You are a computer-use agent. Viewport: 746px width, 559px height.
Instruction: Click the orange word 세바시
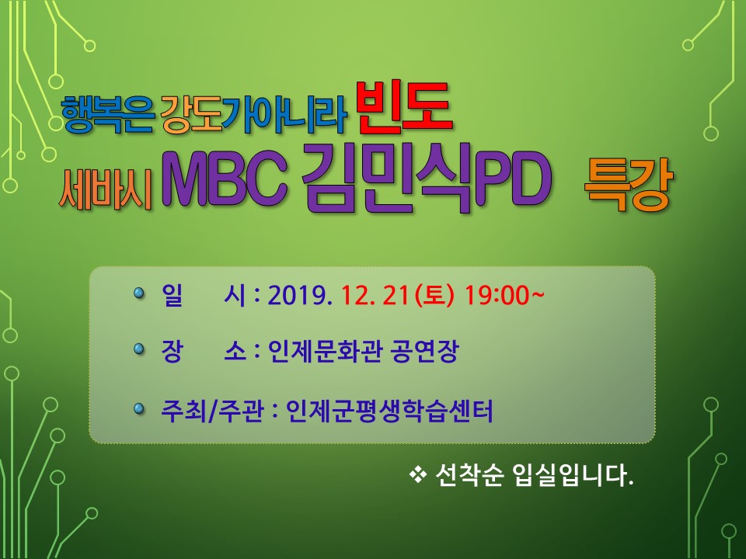coord(105,189)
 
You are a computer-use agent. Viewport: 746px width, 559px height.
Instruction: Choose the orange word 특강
coord(628,185)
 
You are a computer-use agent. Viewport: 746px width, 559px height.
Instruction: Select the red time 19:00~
coord(504,296)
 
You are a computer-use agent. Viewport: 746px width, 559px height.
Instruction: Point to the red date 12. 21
coord(375,296)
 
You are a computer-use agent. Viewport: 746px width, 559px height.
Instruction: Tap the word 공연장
coord(424,352)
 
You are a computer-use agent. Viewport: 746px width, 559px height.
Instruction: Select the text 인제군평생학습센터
coord(389,411)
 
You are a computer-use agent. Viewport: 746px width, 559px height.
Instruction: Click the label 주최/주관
coord(212,411)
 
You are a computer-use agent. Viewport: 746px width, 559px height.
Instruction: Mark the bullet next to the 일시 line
coord(139,293)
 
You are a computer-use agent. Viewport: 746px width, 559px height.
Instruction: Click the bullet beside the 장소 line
coord(139,349)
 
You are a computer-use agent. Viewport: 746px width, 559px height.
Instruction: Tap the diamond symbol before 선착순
coord(418,474)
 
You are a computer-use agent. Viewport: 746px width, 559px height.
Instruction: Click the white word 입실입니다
coord(573,475)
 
